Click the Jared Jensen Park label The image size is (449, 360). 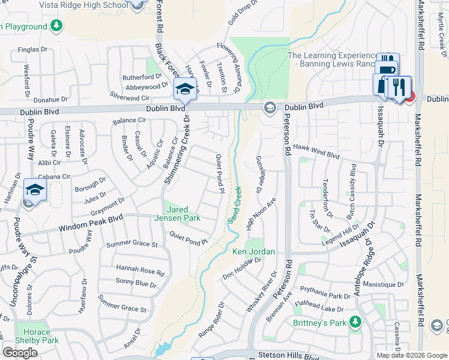point(183,214)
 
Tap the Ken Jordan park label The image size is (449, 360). point(253,251)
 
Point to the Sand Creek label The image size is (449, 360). point(235,205)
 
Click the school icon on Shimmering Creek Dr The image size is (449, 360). point(185,89)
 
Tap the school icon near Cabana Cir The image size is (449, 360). point(35,191)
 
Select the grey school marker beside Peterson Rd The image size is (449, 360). point(269,107)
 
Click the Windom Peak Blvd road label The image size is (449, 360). point(90,224)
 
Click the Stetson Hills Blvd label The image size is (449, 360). point(288,355)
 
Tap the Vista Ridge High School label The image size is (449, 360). point(83,5)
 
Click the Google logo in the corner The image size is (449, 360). point(20,353)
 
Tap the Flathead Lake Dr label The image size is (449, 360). point(319,307)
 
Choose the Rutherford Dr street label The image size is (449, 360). point(143,77)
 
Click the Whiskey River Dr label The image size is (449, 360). point(261,291)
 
